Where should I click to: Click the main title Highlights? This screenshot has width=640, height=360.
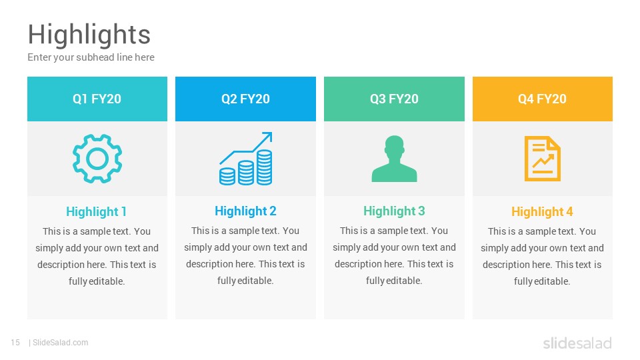[89, 35]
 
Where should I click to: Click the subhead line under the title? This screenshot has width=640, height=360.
[91, 57]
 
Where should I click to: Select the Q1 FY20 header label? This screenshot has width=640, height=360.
[97, 99]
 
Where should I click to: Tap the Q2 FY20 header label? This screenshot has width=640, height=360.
[246, 99]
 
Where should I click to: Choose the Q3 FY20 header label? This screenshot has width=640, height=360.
[394, 99]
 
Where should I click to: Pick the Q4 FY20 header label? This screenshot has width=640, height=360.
[543, 99]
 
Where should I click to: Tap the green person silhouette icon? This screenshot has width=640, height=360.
[394, 159]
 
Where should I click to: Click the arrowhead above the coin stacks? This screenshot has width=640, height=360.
[267, 136]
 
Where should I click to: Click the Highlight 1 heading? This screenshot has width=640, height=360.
[96, 212]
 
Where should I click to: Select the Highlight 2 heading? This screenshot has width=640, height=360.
[246, 211]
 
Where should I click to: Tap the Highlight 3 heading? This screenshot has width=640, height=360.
[394, 211]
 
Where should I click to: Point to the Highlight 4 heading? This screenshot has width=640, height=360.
[543, 212]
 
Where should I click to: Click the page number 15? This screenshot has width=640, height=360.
[15, 343]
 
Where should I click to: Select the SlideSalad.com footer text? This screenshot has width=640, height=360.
[61, 343]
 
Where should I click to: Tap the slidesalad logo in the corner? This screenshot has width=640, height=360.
[577, 343]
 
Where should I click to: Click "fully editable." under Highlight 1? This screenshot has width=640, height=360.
[97, 281]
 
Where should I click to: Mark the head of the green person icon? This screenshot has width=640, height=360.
[394, 145]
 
